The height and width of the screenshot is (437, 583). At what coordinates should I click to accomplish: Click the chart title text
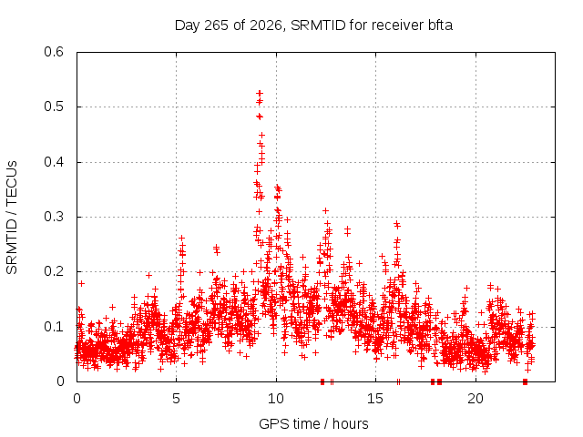coord(313,25)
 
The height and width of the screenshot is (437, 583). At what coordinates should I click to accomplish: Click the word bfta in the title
coord(439,25)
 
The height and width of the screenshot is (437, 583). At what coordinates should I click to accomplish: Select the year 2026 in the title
coord(265,25)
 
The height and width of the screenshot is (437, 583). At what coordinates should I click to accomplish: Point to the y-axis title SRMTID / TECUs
coord(12,218)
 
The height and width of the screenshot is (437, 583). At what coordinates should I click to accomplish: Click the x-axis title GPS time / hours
coord(313,423)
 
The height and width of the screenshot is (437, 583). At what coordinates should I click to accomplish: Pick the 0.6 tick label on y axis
coord(54,52)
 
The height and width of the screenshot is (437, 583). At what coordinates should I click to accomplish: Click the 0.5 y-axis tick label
coord(54,107)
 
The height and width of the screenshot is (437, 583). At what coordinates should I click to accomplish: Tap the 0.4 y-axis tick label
coord(54,162)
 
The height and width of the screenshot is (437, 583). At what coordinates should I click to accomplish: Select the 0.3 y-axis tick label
coord(54,217)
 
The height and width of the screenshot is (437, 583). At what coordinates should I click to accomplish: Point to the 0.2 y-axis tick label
coord(54,271)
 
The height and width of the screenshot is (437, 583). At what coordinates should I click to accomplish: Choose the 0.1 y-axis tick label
coord(54,327)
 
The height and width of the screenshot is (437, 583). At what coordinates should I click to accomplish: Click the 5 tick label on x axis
coord(176,399)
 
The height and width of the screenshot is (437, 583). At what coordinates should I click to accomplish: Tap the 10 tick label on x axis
coord(276,399)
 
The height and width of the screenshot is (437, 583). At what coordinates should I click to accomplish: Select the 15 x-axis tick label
coord(375,399)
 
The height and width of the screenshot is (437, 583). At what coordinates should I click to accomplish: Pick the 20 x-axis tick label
coord(476,399)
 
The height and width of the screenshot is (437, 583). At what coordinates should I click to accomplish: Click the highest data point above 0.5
coord(260,93)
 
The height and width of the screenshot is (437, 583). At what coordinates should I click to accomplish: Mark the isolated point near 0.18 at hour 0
coord(81,283)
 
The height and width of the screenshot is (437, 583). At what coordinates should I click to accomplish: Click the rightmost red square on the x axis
coord(525,381)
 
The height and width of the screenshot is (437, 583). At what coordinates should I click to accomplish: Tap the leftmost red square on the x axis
coord(322,381)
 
